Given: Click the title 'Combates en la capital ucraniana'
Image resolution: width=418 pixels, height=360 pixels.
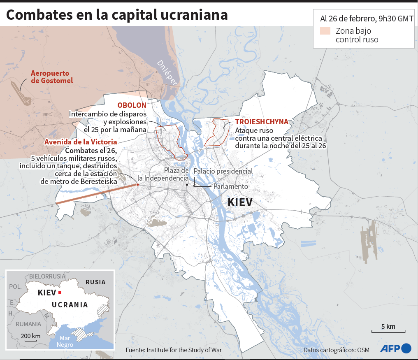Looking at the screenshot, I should pyautogui.click(x=117, y=14).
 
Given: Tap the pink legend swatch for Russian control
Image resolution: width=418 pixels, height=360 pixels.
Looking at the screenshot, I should pyautogui.click(x=325, y=31).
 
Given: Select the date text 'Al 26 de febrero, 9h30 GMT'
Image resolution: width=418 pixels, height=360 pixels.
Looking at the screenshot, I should pyautogui.click(x=367, y=19).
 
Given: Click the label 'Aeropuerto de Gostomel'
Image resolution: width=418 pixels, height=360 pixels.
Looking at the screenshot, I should pyautogui.click(x=52, y=77).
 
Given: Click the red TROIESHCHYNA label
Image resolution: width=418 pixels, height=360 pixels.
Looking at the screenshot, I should pyautogui.click(x=262, y=122).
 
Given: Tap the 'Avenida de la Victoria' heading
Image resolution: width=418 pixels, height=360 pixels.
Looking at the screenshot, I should pyautogui.click(x=81, y=142).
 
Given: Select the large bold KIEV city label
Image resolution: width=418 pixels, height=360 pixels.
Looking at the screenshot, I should pyautogui.click(x=240, y=202).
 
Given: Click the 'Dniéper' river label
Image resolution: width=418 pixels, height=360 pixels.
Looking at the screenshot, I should pyautogui.click(x=167, y=72).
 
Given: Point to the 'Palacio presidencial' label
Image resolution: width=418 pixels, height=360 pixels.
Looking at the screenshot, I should pyautogui.click(x=223, y=171).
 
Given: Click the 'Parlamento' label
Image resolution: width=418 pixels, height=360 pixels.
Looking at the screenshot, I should pyautogui.click(x=231, y=186).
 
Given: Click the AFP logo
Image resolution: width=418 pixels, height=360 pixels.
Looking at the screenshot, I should pyautogui.click(x=395, y=348).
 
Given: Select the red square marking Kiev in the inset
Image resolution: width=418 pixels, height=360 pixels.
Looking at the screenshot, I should pyautogui.click(x=60, y=293).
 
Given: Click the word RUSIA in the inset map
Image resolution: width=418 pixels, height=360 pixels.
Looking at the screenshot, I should pyautogui.click(x=95, y=282).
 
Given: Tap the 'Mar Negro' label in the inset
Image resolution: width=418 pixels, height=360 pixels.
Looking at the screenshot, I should pyautogui.click(x=65, y=341).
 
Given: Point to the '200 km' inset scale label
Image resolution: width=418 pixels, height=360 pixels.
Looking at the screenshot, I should pyautogui.click(x=30, y=336).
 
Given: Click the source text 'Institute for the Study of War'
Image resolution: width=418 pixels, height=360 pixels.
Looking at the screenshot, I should pyautogui.click(x=184, y=350).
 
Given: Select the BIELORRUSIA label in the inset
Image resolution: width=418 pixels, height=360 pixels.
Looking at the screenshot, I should pyautogui.click(x=47, y=276).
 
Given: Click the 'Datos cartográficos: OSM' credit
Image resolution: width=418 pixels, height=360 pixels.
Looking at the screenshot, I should pyautogui.click(x=336, y=350).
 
